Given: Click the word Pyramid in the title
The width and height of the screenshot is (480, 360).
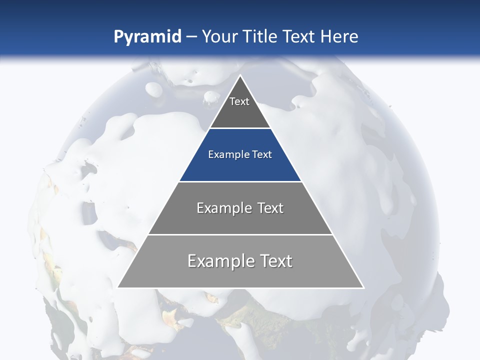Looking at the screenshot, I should tap(147, 37).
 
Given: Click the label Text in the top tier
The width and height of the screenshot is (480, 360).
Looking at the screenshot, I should tap(239, 101).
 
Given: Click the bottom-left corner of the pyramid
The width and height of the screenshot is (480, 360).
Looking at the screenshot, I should tap(118, 287).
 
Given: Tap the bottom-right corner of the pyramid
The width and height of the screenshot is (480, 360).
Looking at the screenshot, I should tap(363, 287).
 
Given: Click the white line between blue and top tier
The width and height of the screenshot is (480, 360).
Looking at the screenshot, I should tap(240, 128).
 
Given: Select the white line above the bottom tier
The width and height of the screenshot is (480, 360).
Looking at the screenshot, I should tap(240, 234).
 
